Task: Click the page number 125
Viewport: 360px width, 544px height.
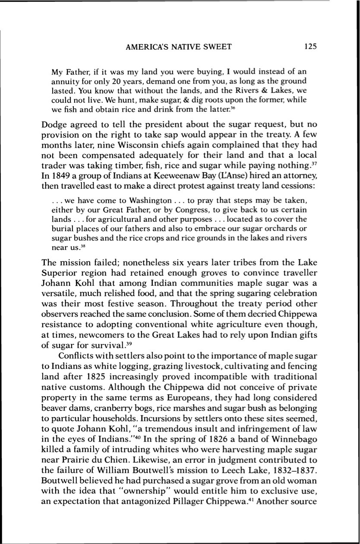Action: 310,47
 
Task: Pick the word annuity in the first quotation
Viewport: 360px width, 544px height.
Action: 65,81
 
